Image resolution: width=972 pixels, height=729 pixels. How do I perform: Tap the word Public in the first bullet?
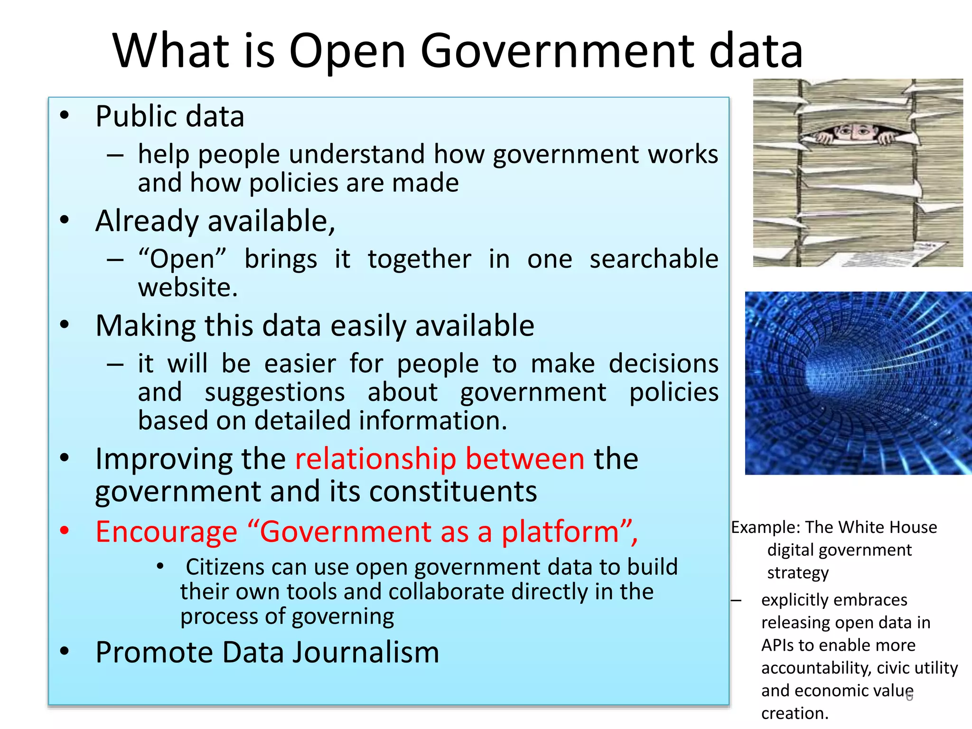[x=133, y=116]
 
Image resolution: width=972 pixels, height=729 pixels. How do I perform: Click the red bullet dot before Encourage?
[x=65, y=531]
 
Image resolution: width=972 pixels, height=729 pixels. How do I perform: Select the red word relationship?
[x=375, y=459]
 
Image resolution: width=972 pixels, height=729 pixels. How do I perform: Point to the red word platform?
[x=560, y=532]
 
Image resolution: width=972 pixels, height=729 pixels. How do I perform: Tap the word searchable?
[x=654, y=259]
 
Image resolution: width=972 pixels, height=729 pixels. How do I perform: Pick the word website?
[x=187, y=288]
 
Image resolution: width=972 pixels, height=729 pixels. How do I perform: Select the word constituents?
[x=453, y=491]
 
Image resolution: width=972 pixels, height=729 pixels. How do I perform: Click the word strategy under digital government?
[x=798, y=573]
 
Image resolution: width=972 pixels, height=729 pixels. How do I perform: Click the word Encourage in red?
[x=166, y=532]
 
